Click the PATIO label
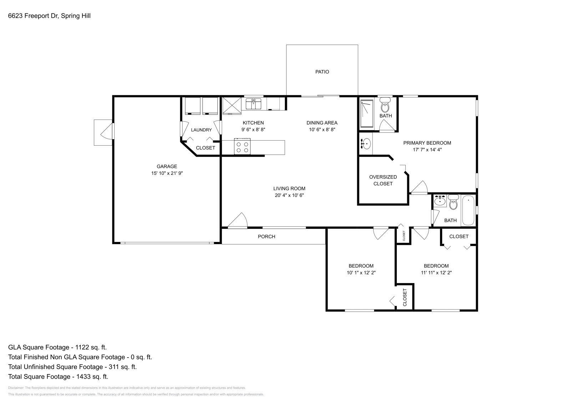pyautogui.click(x=322, y=72)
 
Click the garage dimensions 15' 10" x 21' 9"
pyautogui.click(x=167, y=173)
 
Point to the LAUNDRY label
pyautogui.click(x=201, y=130)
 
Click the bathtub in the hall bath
pyautogui.click(x=468, y=210)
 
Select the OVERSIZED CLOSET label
pyautogui.click(x=383, y=180)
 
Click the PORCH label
pyautogui.click(x=267, y=236)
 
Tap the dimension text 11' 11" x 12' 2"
pyautogui.click(x=436, y=273)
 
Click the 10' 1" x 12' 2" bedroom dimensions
pyautogui.click(x=361, y=273)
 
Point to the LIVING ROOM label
pyautogui.click(x=289, y=188)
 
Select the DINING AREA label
pyautogui.click(x=322, y=123)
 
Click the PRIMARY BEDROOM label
pyautogui.click(x=427, y=143)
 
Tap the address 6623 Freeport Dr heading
pyautogui.click(x=49, y=16)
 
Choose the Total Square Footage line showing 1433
pyautogui.click(x=58, y=377)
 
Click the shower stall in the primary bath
pyautogui.click(x=367, y=113)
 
